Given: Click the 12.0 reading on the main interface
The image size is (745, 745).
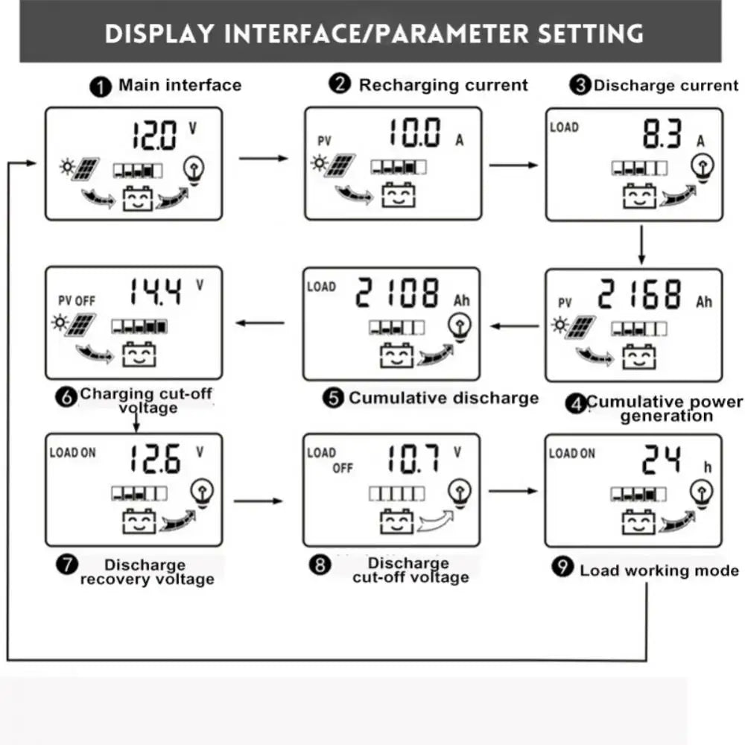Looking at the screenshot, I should pyautogui.click(x=155, y=136).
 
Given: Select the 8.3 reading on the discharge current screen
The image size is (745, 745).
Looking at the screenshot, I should pyautogui.click(x=662, y=136).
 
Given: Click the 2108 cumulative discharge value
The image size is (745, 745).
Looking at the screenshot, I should pyautogui.click(x=396, y=293).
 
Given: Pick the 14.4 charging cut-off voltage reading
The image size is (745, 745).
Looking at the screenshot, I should pyautogui.click(x=154, y=293).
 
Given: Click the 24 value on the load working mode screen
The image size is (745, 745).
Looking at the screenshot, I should pyautogui.click(x=662, y=460).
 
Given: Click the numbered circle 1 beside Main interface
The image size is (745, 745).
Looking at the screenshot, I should pyautogui.click(x=101, y=86).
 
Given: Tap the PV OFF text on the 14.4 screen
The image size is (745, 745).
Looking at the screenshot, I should pyautogui.click(x=77, y=301).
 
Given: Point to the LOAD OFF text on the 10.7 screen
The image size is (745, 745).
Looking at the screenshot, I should pyautogui.click(x=331, y=460).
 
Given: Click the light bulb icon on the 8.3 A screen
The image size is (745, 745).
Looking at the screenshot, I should pyautogui.click(x=702, y=167).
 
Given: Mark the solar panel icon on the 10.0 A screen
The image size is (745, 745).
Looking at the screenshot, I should pyautogui.click(x=344, y=165).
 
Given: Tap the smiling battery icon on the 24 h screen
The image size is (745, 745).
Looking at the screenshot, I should pyautogui.click(x=639, y=521).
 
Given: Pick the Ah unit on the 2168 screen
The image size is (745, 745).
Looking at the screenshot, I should pyautogui.click(x=704, y=302).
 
